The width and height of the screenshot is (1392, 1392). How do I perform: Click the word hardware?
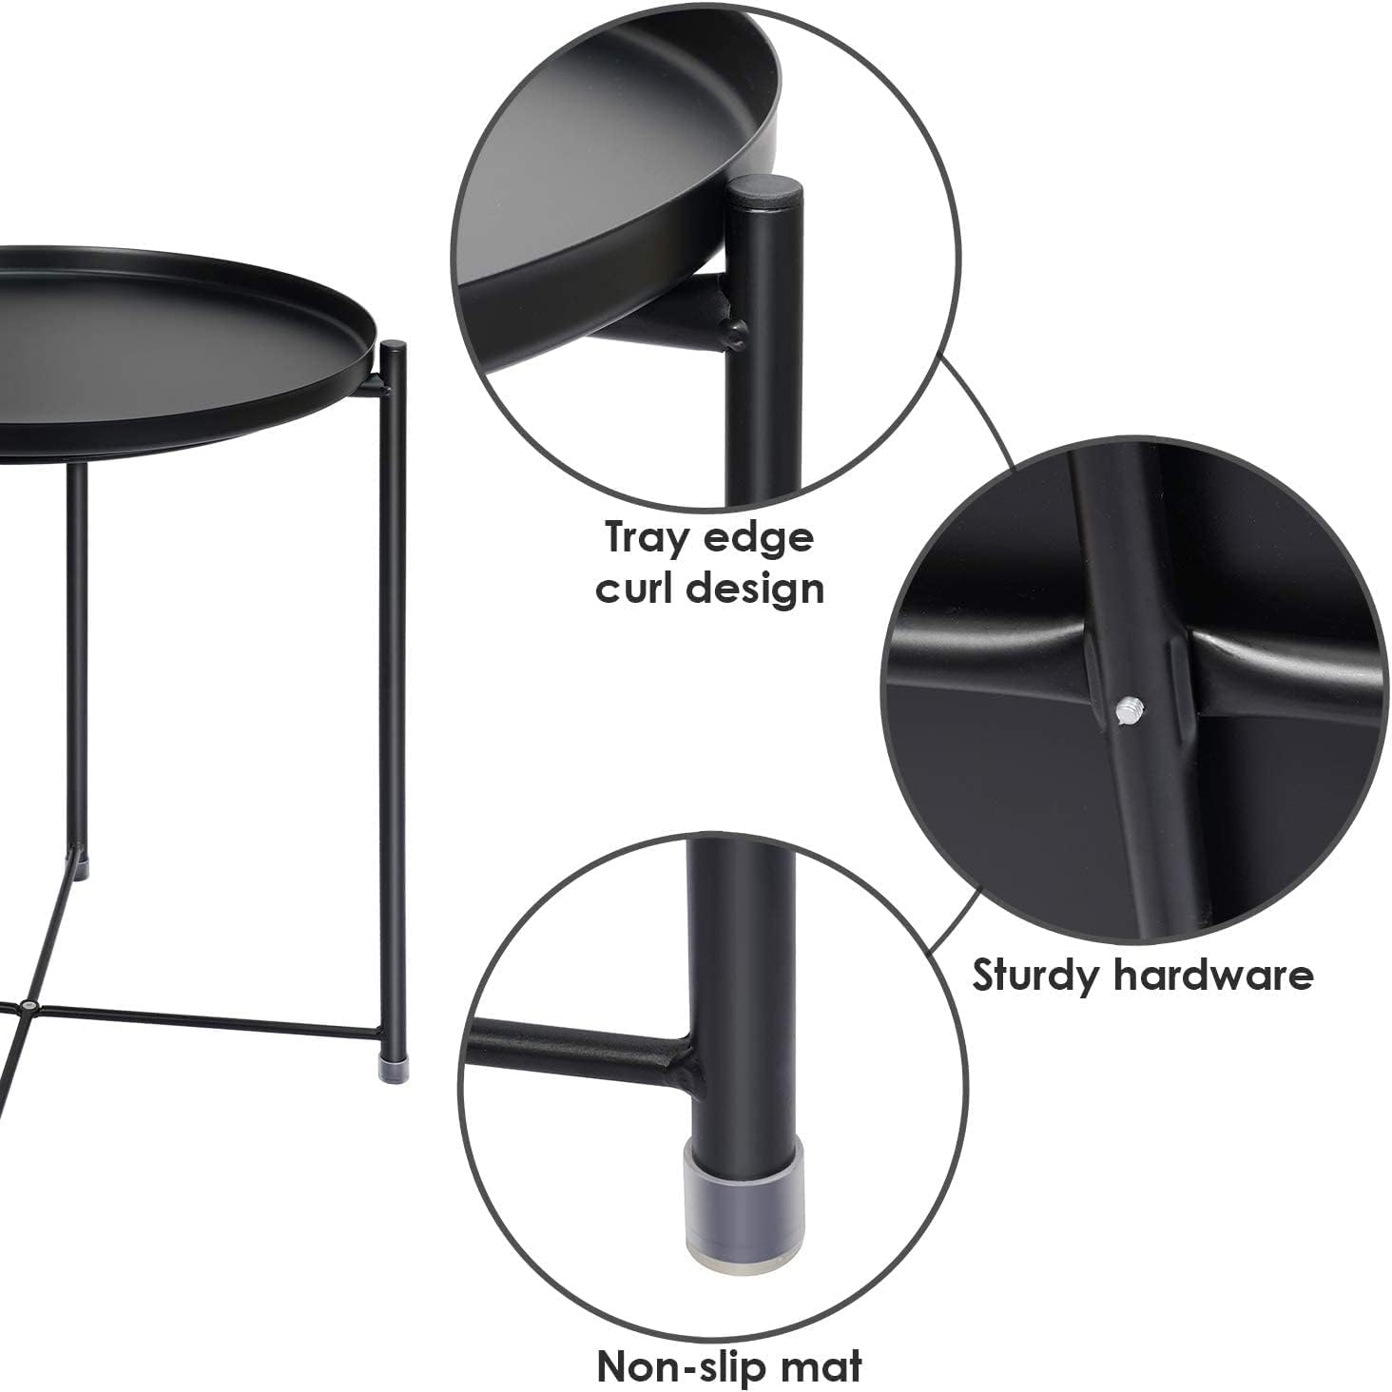[x=1214, y=975]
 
